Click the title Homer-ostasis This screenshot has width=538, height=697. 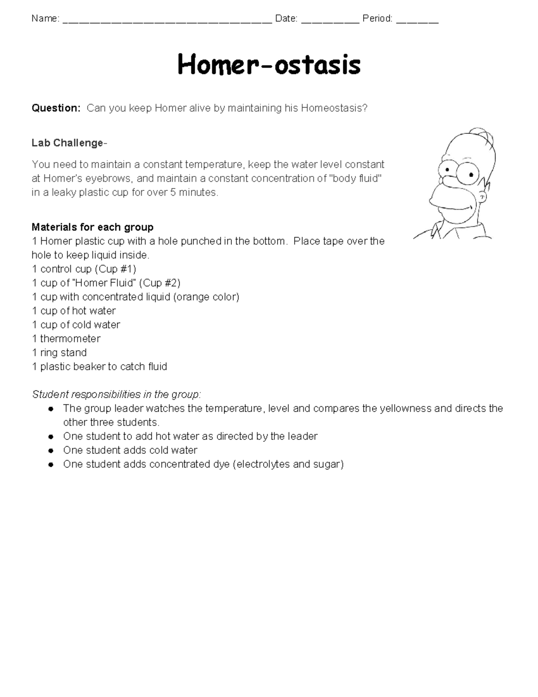pyautogui.click(x=269, y=65)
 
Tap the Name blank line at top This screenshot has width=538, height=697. pyautogui.click(x=167, y=19)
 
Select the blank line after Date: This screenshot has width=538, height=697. pyautogui.click(x=330, y=19)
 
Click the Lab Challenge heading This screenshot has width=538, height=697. pyautogui.click(x=69, y=143)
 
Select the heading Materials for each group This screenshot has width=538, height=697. pyautogui.click(x=92, y=227)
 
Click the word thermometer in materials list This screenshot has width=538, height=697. pyautogui.click(x=70, y=338)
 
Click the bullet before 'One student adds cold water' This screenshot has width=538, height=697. pyautogui.click(x=52, y=451)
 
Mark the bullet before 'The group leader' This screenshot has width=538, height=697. pyautogui.click(x=52, y=409)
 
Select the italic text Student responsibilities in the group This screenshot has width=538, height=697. pyautogui.click(x=117, y=395)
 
